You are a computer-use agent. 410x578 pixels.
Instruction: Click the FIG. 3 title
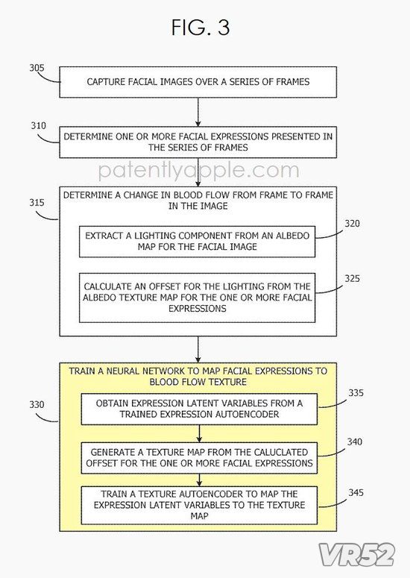pyautogui.click(x=201, y=28)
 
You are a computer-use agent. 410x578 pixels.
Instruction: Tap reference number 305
pyautogui.click(x=37, y=68)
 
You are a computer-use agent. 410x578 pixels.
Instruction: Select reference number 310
pyautogui.click(x=38, y=126)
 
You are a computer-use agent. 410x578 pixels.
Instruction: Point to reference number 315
pyautogui.click(x=37, y=202)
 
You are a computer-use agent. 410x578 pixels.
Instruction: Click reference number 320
pyautogui.click(x=352, y=224)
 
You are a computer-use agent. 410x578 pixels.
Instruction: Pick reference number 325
pyautogui.click(x=352, y=278)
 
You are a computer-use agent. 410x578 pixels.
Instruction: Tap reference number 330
pyautogui.click(x=37, y=404)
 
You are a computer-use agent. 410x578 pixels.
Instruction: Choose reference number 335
pyautogui.click(x=356, y=392)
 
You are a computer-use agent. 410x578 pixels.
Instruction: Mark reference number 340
pyautogui.click(x=354, y=442)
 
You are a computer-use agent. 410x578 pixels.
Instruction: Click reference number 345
pyautogui.click(x=356, y=492)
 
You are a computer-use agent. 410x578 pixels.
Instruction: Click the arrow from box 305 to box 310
pyautogui.click(x=198, y=112)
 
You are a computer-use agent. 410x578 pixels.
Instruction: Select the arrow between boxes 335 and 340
pyautogui.click(x=199, y=433)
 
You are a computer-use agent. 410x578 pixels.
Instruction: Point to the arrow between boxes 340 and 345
pyautogui.click(x=199, y=480)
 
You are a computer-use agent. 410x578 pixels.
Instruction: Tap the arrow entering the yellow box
pyautogui.click(x=198, y=350)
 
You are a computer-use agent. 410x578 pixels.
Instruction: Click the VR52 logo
pyautogui.click(x=356, y=555)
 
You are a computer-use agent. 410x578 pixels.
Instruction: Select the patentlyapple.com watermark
pyautogui.click(x=199, y=171)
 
